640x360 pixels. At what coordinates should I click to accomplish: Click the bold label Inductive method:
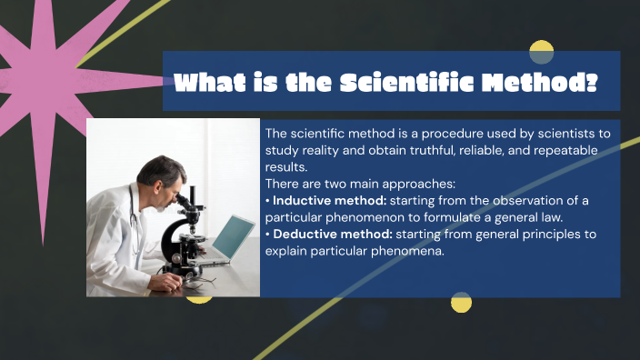tap(329, 200)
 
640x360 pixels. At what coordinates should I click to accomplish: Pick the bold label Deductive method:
tap(333, 235)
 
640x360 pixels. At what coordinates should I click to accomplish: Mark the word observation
tap(527, 200)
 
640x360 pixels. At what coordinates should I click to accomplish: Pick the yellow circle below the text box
tap(462, 302)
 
